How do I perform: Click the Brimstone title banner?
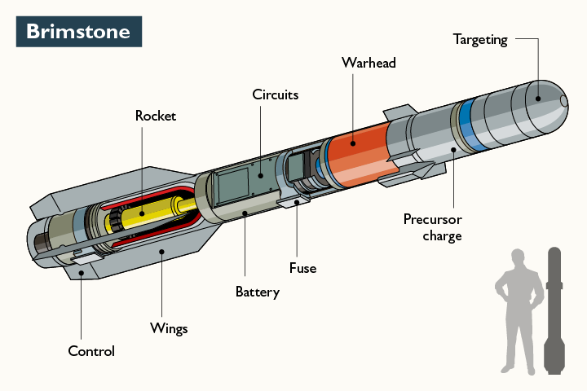click(78, 32)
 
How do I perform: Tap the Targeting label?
click(480, 39)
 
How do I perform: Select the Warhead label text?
click(369, 63)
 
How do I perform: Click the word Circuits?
click(275, 94)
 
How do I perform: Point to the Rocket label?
click(155, 116)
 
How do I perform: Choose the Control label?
click(90, 351)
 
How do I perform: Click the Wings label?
click(169, 328)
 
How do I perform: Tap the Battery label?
click(257, 292)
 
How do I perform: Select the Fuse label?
click(302, 267)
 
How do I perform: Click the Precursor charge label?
click(432, 227)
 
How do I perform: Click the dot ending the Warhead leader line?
click(353, 143)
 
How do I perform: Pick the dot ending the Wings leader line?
click(161, 253)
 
